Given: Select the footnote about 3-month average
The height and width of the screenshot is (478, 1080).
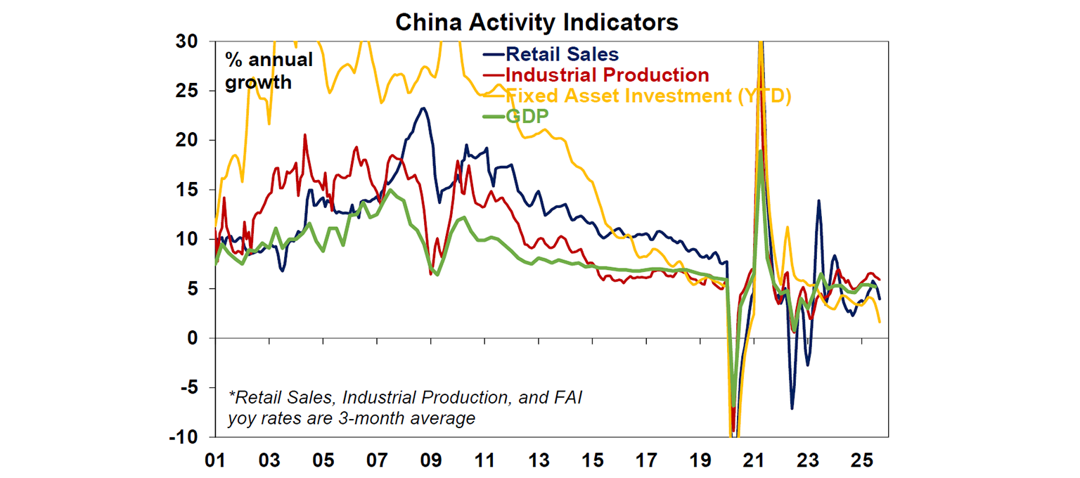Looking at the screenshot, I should pyautogui.click(x=405, y=408).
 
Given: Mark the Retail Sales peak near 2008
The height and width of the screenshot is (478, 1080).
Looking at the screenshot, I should pyautogui.click(x=423, y=108).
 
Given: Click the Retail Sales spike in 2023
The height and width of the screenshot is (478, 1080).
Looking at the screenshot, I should pyautogui.click(x=818, y=201).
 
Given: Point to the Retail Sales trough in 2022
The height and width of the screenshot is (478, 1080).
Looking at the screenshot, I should pyautogui.click(x=792, y=408).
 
